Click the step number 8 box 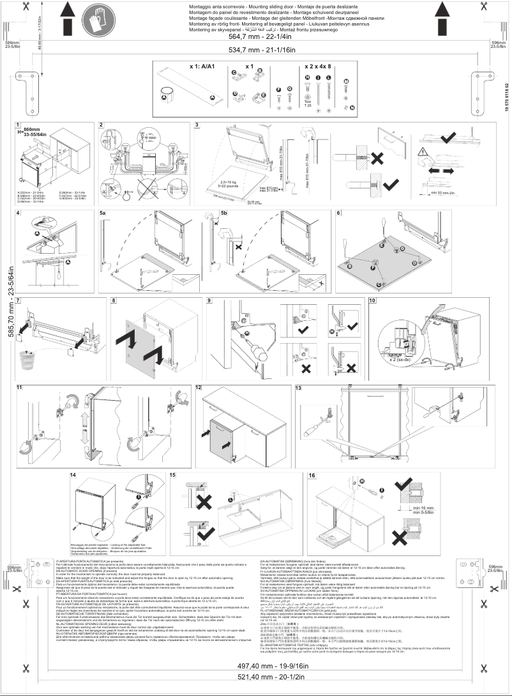pyautogui.click(x=114, y=300)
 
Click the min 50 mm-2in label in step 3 pyautogui.click(x=443, y=192)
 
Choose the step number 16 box pyautogui.click(x=312, y=476)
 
